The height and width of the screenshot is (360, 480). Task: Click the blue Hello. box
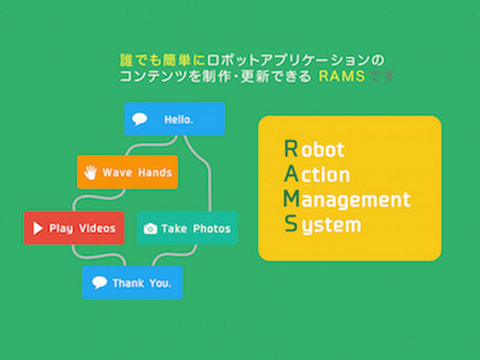[174, 119]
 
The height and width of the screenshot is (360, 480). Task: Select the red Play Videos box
[74, 228]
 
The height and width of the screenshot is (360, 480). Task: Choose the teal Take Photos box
[187, 228]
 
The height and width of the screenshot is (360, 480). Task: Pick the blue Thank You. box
[132, 282]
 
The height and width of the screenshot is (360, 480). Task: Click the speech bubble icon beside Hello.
[140, 119]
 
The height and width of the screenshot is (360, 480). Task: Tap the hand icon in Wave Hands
[91, 172]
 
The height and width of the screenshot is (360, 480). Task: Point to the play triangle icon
[37, 228]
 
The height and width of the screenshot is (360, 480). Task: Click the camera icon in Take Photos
[150, 229]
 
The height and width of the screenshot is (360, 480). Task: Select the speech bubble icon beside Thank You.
[99, 282]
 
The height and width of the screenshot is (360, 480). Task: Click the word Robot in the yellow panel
[314, 149]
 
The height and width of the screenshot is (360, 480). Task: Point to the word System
[322, 225]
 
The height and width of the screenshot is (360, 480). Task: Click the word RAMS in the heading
[341, 76]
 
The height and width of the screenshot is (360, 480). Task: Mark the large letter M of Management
[292, 198]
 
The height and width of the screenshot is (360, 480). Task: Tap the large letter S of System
[290, 223]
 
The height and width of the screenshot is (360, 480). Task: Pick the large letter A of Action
[290, 173]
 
